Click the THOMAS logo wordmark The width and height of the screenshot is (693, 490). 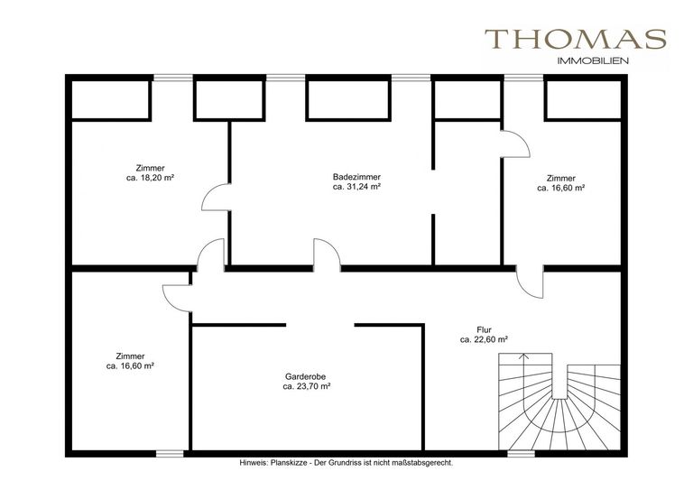(x=576, y=39)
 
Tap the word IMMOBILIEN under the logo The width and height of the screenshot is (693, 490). (x=593, y=61)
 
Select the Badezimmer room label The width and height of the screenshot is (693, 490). (x=356, y=177)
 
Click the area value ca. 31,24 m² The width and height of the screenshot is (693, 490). (x=356, y=187)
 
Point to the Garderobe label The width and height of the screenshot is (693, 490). (x=305, y=377)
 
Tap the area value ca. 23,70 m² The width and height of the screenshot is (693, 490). (x=307, y=386)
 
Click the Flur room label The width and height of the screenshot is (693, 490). (x=484, y=329)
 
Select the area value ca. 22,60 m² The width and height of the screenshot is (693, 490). (x=484, y=340)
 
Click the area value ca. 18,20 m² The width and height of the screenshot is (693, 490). (x=150, y=178)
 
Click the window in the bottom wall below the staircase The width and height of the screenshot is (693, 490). (x=521, y=453)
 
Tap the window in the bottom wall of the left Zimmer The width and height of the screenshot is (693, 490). (x=170, y=453)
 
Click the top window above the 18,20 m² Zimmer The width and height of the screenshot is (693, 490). (x=173, y=78)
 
